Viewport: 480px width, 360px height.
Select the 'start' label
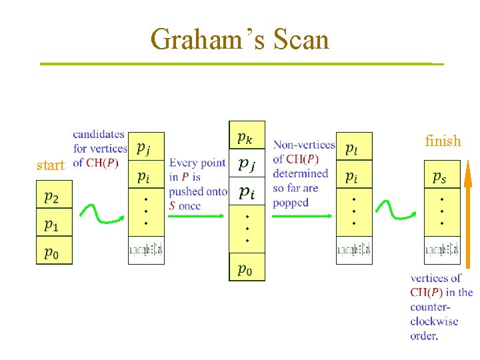coord(50,165)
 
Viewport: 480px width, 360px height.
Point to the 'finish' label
coord(443,141)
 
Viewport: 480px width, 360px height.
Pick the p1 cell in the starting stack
coord(54,225)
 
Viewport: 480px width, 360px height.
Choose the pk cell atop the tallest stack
coord(247,137)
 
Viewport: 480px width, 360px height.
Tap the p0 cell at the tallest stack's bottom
coord(247,269)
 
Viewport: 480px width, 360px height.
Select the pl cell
coord(353,147)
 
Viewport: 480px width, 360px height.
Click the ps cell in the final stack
coord(441,176)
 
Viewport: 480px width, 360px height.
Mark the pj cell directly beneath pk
coord(247,163)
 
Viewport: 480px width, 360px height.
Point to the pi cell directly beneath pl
coord(353,177)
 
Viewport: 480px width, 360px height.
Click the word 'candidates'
coord(99,135)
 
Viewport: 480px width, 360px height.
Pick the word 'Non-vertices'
coord(304,145)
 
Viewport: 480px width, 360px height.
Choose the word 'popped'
coord(291,203)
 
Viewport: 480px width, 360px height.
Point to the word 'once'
coord(189,206)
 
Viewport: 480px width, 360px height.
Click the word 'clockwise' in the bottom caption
coord(434,321)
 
